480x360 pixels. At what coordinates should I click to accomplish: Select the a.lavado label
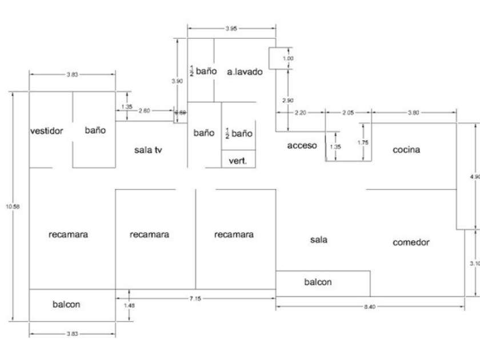click(244, 72)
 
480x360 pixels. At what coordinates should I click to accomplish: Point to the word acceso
click(302, 146)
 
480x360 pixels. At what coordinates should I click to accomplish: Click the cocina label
click(406, 150)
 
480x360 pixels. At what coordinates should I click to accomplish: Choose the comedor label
click(411, 242)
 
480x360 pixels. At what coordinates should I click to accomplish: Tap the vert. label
click(238, 161)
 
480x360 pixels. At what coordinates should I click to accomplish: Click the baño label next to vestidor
click(95, 130)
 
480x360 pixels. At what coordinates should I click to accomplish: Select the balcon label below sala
click(318, 282)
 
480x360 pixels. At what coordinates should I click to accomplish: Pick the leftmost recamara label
click(69, 234)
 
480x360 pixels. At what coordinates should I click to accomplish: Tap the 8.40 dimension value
click(370, 307)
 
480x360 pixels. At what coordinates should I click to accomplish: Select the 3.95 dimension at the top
click(231, 29)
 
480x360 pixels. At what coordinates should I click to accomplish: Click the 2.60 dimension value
click(144, 111)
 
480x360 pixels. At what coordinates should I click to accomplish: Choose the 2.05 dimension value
click(347, 113)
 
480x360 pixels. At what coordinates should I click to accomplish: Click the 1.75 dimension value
click(362, 142)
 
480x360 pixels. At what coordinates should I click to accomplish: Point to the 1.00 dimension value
click(289, 58)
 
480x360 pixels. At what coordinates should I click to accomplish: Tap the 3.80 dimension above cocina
click(413, 113)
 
